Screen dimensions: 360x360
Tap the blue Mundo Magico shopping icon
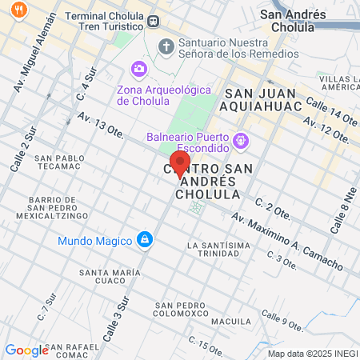pyautogui.click(x=144, y=239)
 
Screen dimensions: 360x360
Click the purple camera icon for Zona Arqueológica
pyautogui.click(x=139, y=69)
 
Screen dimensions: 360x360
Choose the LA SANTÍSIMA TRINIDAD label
pyautogui.click(x=213, y=249)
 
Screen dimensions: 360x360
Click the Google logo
pyautogui.click(x=26, y=350)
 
